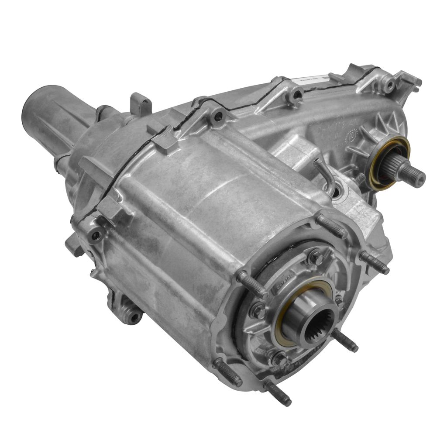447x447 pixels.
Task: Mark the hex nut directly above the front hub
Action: [x=315, y=258]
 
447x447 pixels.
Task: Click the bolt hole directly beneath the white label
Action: [x=298, y=94]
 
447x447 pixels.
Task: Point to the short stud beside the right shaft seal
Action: [x=358, y=179]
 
